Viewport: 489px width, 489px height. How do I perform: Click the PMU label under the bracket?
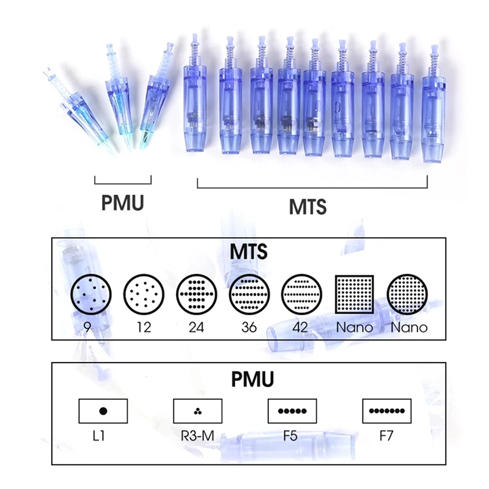point(123,202)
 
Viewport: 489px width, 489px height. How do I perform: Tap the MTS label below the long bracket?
point(307,206)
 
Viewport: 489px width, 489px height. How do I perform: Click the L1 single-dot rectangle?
point(103,411)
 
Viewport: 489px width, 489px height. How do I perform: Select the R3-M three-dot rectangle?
point(197,411)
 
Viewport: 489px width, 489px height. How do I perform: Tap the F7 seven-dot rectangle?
point(386,411)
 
